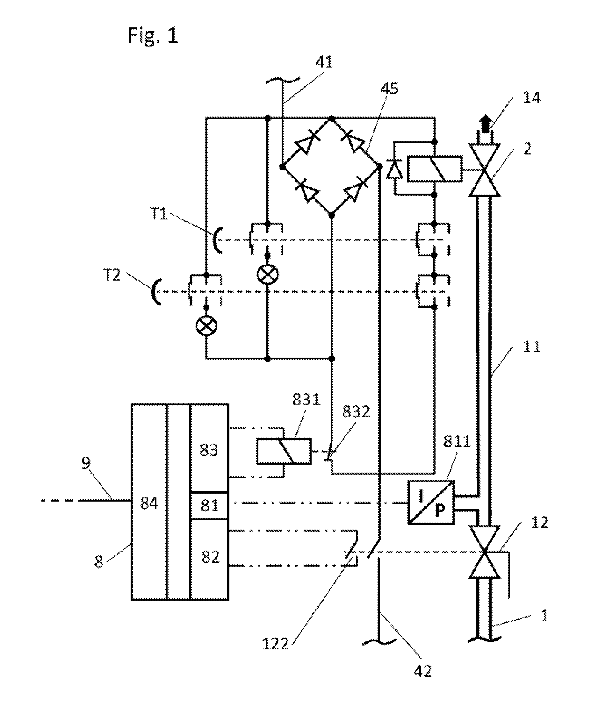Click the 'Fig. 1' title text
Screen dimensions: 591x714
[x=153, y=35]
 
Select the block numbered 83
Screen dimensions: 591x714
[x=209, y=448]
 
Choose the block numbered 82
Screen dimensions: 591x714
[x=209, y=560]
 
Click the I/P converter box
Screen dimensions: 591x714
[x=431, y=502]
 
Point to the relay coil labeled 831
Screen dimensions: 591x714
[x=284, y=451]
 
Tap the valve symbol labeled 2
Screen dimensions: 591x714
[x=484, y=170]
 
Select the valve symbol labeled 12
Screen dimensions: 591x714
[x=484, y=552]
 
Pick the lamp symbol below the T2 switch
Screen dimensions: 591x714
[x=206, y=326]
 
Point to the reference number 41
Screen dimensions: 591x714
[x=324, y=62]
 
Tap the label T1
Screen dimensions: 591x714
[x=159, y=214]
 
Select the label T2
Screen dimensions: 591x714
[x=112, y=275]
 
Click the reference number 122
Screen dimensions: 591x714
[x=276, y=644]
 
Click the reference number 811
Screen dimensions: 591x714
[x=457, y=441]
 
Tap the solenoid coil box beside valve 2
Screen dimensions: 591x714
[x=435, y=169]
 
